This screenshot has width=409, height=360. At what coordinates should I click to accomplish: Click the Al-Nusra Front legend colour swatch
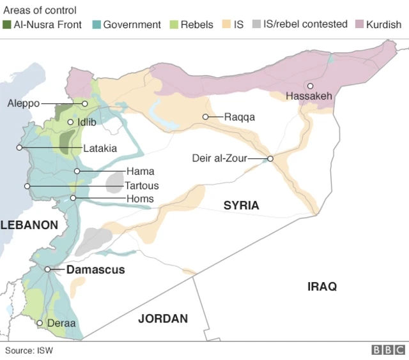pyautogui.click(x=7, y=25)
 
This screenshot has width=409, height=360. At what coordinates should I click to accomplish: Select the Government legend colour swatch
pyautogui.click(x=96, y=25)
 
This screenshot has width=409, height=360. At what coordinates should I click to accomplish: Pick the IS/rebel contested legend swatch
pyautogui.click(x=256, y=25)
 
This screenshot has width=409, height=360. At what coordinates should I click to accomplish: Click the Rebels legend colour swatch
pyautogui.click(x=174, y=25)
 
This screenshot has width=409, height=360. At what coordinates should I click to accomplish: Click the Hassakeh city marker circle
pyautogui.click(x=310, y=86)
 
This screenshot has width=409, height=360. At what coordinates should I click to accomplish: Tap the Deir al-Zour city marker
pyautogui.click(x=270, y=159)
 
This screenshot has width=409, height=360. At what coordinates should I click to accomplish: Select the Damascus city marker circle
pyautogui.click(x=48, y=269)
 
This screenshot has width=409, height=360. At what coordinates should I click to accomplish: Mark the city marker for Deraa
pyautogui.click(x=40, y=323)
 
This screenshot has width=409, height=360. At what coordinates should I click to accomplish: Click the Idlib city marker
pyautogui.click(x=70, y=121)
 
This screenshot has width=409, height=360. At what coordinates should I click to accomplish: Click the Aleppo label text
pyautogui.click(x=24, y=103)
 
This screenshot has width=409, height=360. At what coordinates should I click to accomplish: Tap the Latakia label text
pyautogui.click(x=100, y=148)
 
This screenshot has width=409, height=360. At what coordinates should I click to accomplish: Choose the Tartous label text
pyautogui.click(x=142, y=186)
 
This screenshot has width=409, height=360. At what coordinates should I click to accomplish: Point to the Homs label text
pyautogui.click(x=140, y=199)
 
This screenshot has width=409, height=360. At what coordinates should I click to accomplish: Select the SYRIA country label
pyautogui.click(x=241, y=206)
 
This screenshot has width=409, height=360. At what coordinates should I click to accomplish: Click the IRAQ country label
pyautogui.click(x=321, y=287)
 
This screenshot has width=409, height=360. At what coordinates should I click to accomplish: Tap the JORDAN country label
pyautogui.click(x=163, y=319)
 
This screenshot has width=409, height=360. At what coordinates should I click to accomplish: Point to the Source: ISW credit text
pyautogui.click(x=29, y=350)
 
